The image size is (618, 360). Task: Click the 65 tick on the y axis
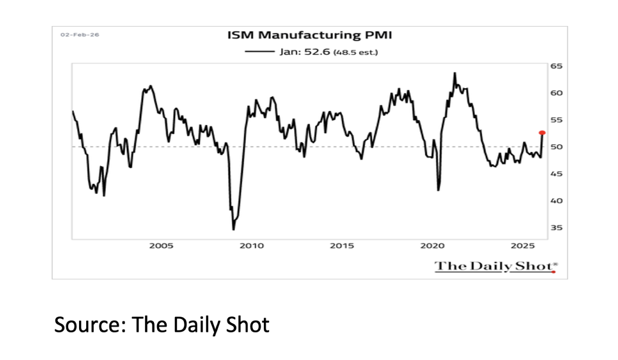pyautogui.click(x=557, y=66)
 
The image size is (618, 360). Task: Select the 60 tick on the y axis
pyautogui.click(x=557, y=93)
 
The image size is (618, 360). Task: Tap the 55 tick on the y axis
pyautogui.click(x=557, y=120)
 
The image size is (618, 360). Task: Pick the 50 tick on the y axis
pyautogui.click(x=557, y=147)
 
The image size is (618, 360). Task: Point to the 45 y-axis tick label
pyautogui.click(x=557, y=174)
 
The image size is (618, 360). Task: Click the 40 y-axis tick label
pyautogui.click(x=557, y=201)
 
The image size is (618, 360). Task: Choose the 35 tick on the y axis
pyautogui.click(x=557, y=228)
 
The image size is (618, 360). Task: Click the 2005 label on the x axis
pyautogui.click(x=161, y=246)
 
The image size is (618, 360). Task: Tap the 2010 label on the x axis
pyautogui.click(x=252, y=246)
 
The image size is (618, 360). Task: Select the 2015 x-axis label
pyautogui.click(x=342, y=246)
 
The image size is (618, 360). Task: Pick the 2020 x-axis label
pyautogui.click(x=432, y=246)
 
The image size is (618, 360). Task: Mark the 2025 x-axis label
pyautogui.click(x=523, y=246)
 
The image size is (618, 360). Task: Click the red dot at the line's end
pyautogui.click(x=542, y=133)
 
